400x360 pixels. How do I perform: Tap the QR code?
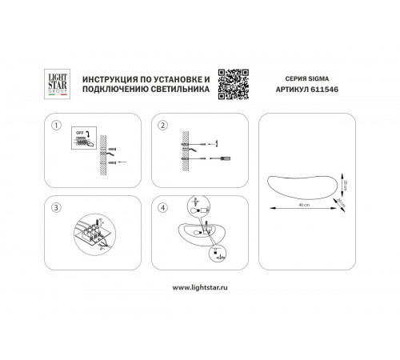238,80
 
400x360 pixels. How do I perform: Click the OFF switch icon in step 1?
81,136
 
